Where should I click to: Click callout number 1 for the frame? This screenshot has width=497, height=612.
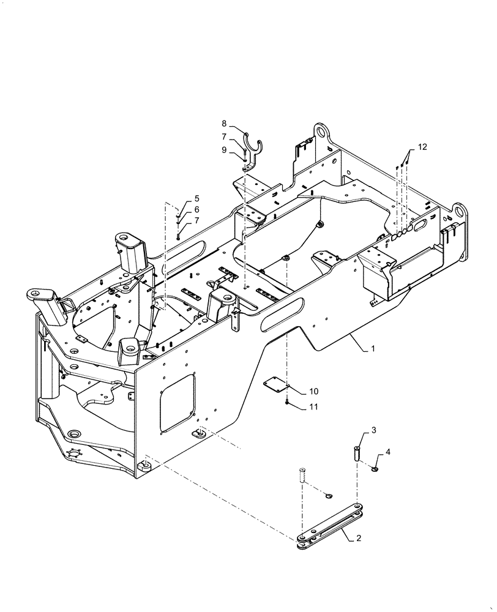click(x=372, y=349)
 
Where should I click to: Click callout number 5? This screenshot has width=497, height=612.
click(x=197, y=198)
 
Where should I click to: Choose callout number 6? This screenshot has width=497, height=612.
click(x=197, y=209)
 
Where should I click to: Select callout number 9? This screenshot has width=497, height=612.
click(x=224, y=150)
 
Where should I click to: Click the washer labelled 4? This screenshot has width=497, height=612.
click(x=375, y=469)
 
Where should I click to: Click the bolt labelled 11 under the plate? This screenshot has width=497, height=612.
click(x=286, y=402)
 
